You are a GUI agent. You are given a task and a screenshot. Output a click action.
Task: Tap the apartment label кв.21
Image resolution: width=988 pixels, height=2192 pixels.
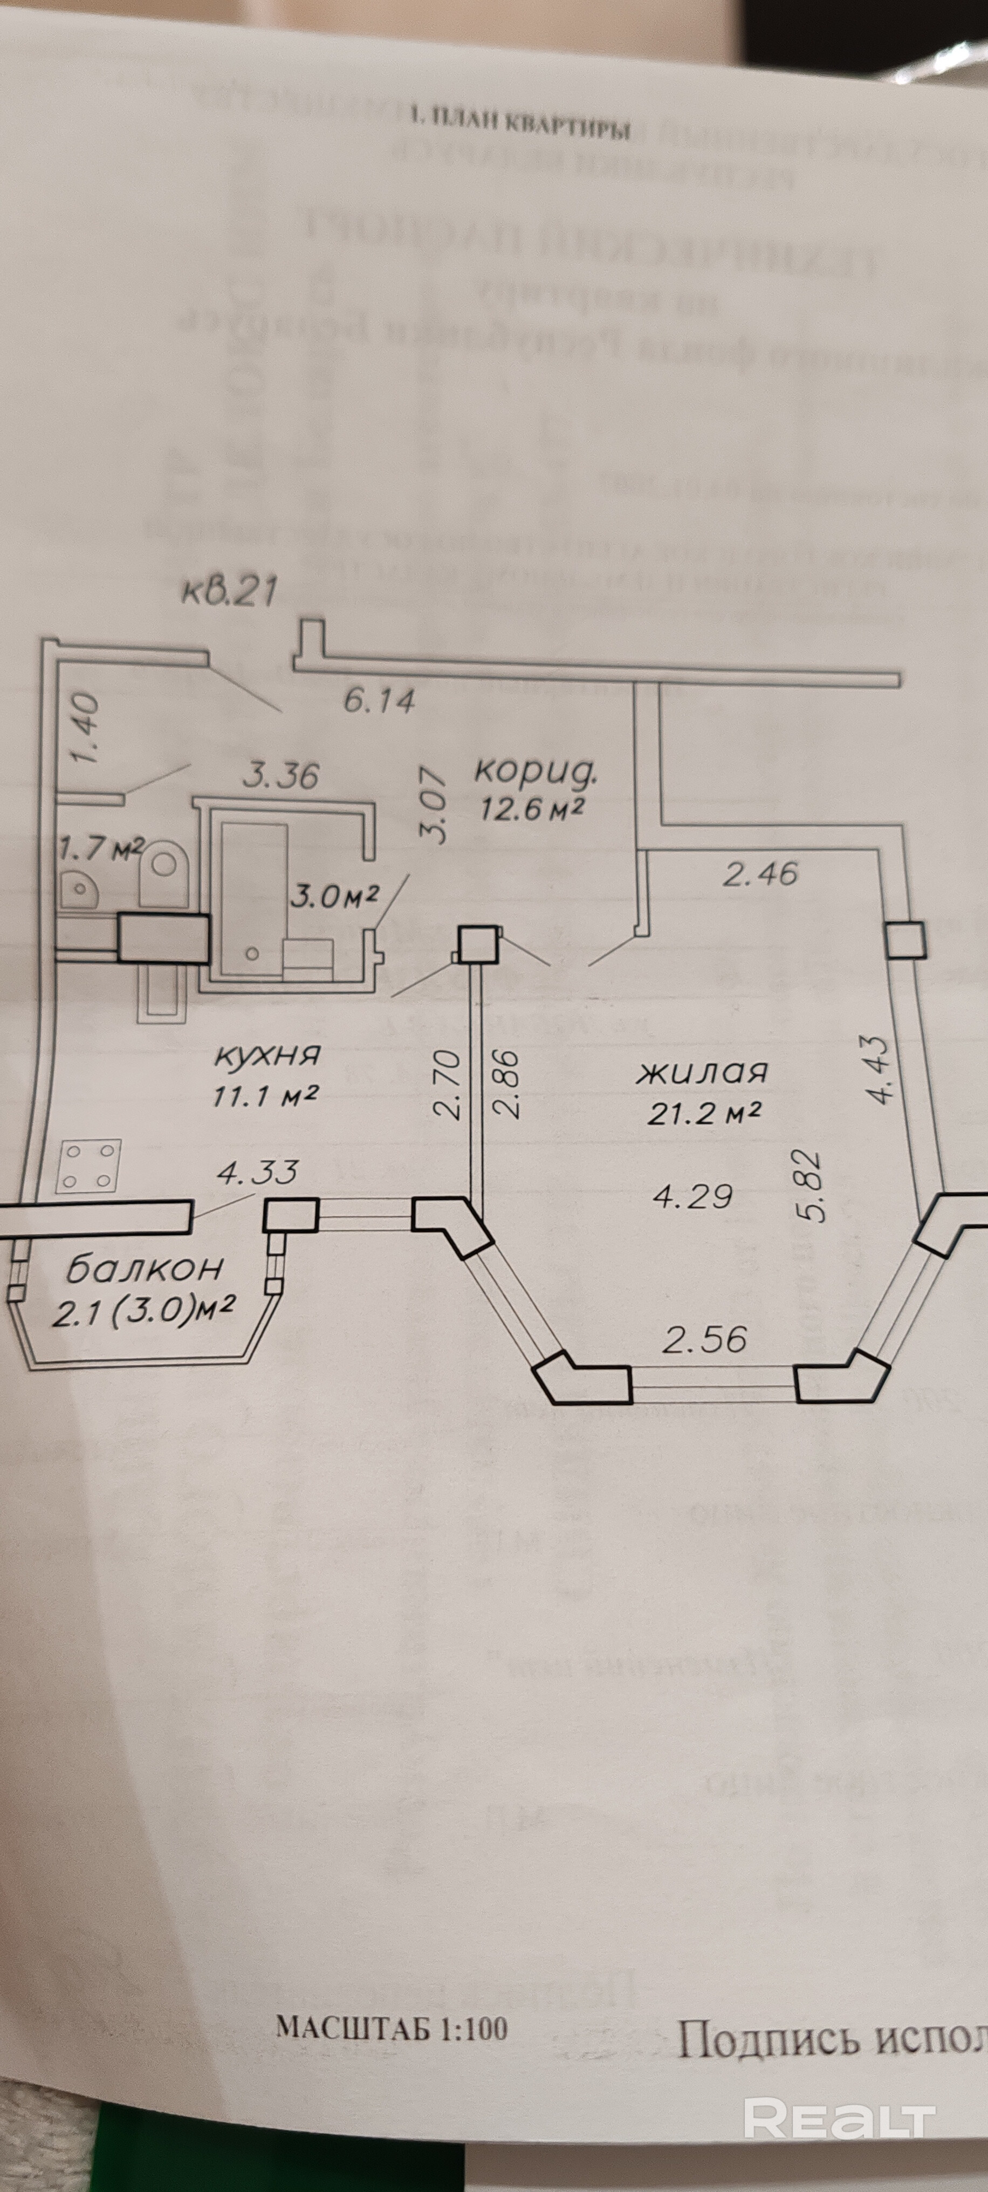click(x=230, y=590)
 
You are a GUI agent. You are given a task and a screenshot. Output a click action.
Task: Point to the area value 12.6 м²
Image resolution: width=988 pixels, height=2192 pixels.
click(x=531, y=809)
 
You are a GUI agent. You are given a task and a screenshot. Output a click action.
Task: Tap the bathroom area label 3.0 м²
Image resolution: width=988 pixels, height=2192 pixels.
click(x=334, y=895)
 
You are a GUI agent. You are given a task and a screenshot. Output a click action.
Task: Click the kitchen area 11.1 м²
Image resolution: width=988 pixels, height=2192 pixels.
click(x=265, y=1095)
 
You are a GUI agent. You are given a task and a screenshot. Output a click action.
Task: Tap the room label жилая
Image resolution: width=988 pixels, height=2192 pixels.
click(x=702, y=1071)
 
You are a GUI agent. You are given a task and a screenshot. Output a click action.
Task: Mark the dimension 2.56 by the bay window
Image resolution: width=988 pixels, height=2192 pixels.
click(x=705, y=1340)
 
